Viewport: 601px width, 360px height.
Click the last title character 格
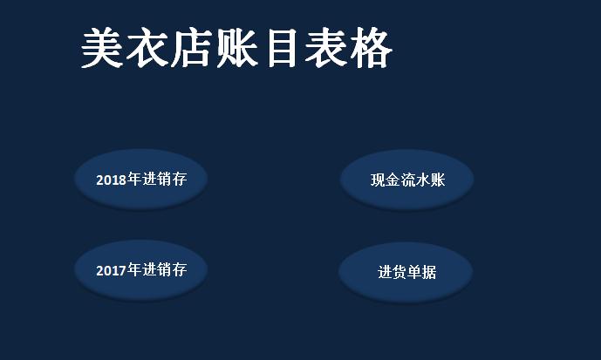coord(371,48)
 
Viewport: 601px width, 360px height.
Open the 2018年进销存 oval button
coord(140,180)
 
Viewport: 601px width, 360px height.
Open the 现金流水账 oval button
coord(406,180)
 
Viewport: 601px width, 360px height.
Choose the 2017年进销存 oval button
coord(140,269)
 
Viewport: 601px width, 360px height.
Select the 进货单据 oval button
coord(406,272)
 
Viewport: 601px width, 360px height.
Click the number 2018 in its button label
coord(112,180)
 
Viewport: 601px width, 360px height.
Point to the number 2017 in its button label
coord(112,270)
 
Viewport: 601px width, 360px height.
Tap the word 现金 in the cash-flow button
coord(385,180)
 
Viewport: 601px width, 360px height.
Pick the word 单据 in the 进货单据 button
coord(421,272)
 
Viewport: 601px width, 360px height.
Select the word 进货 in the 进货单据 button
coord(392,272)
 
